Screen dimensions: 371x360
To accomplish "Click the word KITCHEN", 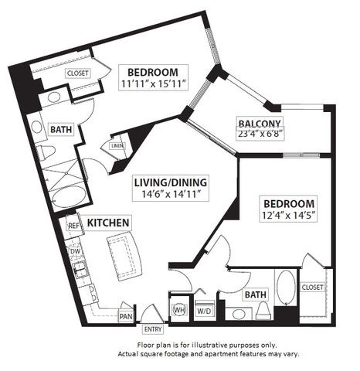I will pos(107,223).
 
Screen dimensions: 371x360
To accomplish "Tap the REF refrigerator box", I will pos(74,226).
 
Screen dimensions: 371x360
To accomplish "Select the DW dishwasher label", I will pos(75,251).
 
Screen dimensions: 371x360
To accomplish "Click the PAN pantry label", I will pos(125,315).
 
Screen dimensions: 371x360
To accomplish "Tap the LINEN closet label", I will pos(117,145).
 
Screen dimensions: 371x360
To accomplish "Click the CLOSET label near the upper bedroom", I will pos(77,73).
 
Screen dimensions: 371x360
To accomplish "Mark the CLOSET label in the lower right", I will pos(313,286).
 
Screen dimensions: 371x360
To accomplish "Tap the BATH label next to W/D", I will pos(253,294).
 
